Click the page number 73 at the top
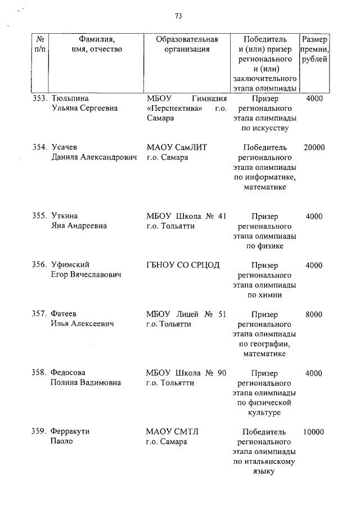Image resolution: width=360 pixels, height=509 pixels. point(178,16)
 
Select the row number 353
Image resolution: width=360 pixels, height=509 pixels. point(39,98)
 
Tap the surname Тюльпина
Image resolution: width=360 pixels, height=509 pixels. point(70,98)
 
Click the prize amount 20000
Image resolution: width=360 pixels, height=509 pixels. point(314,147)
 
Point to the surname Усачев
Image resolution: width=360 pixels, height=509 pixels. point(64,147)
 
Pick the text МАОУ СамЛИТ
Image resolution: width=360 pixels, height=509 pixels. point(177,147)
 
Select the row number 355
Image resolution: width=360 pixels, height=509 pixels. point(39,216)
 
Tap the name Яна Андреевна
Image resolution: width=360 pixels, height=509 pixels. point(79,226)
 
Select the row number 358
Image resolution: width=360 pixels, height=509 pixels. point(39,373)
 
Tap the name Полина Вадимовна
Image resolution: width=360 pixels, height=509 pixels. point(85,383)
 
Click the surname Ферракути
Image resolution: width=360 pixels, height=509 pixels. point(70,432)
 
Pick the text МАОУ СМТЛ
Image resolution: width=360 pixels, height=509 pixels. point(173,432)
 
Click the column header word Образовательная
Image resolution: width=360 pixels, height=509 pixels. point(186,39)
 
